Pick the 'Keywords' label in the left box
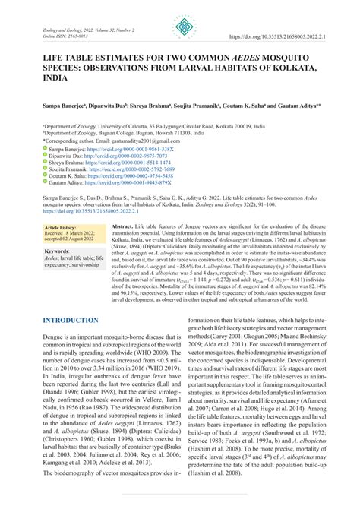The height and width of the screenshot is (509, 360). [x=58, y=250]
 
